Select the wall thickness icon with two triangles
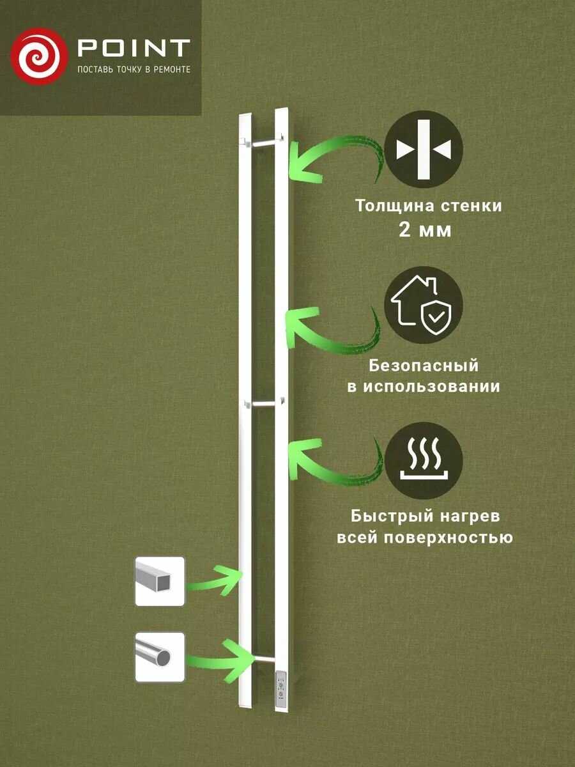(424, 148)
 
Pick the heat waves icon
(424, 459)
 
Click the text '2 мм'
(425, 230)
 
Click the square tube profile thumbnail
(160, 581)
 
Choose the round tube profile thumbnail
(160, 656)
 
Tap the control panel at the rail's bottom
(282, 689)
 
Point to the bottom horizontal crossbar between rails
(263, 658)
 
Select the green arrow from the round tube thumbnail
(220, 655)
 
